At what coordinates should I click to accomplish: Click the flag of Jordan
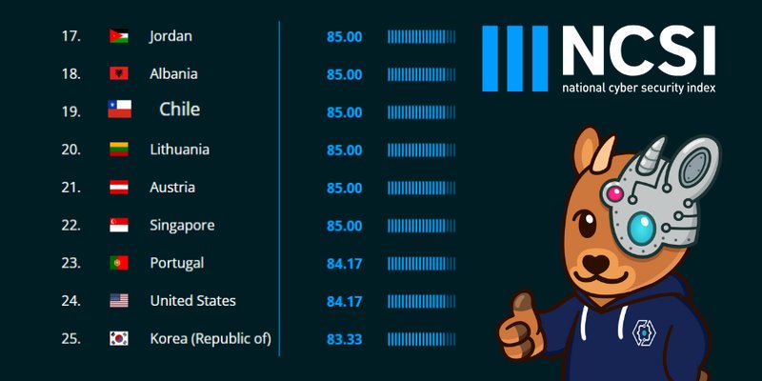tap(119, 36)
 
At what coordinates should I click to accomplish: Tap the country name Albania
tap(173, 74)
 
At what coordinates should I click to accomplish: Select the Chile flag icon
tap(119, 110)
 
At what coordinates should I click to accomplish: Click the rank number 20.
tap(70, 150)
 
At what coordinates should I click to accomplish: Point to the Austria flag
tap(119, 188)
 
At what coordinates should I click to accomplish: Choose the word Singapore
tap(182, 226)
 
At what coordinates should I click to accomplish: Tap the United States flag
tap(119, 301)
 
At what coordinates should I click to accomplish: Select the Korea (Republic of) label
tap(211, 339)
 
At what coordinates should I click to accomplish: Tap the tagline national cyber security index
tap(638, 88)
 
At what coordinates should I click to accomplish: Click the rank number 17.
tap(70, 36)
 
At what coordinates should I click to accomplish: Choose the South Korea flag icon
tap(119, 339)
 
